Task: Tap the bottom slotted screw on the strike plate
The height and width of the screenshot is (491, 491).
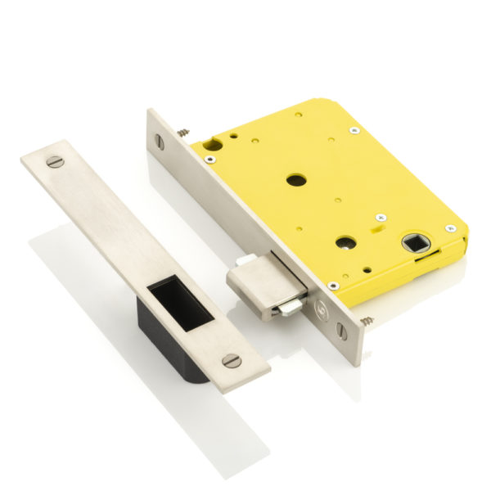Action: pos(232,359)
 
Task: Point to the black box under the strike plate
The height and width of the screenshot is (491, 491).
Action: pos(168,344)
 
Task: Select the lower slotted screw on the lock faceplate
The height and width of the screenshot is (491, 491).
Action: pos(341,331)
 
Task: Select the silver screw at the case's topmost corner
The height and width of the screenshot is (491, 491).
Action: pos(354,129)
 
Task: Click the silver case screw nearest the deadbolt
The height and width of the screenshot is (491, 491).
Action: pos(332,285)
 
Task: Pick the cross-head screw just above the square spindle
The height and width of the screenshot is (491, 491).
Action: pos(381,217)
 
